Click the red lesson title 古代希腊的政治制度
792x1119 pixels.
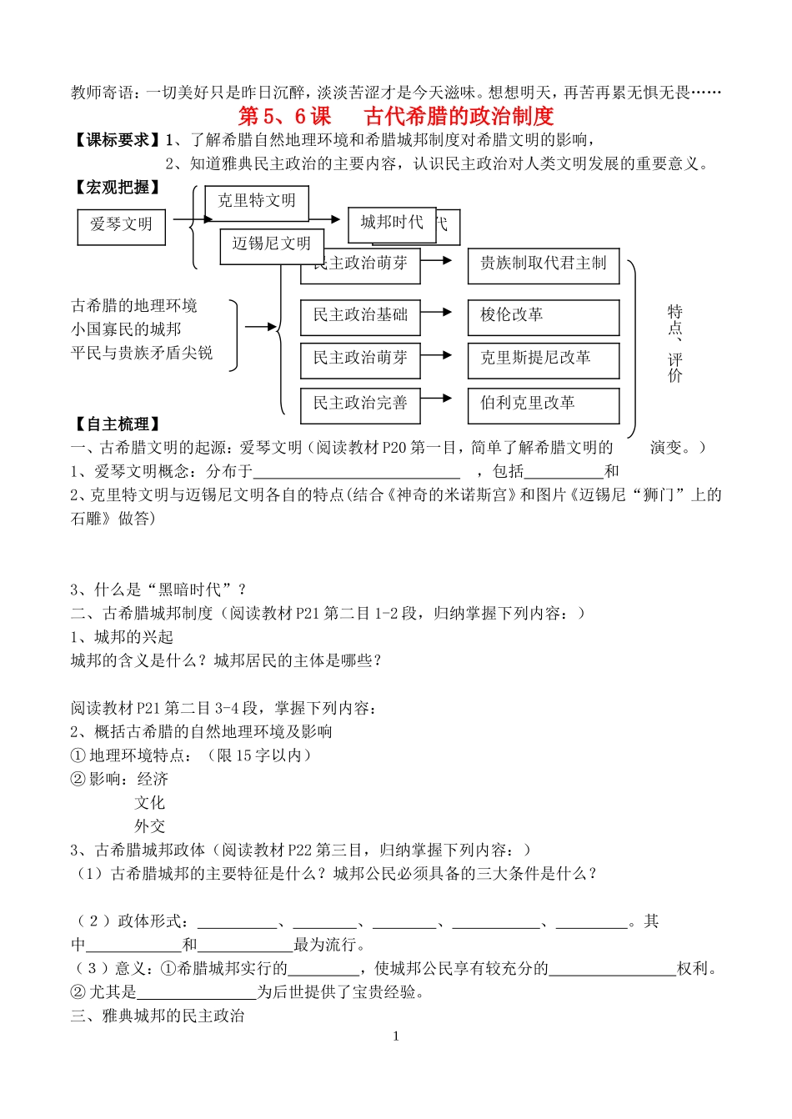[x=459, y=116]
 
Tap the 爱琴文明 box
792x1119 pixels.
[x=121, y=225]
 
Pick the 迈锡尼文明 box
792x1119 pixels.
[x=271, y=243]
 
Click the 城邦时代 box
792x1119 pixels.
[x=392, y=223]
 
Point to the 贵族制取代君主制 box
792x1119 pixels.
[x=543, y=264]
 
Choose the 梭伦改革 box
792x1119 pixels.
[x=543, y=316]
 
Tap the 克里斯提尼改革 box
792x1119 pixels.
[x=543, y=359]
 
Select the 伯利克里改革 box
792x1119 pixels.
[x=543, y=404]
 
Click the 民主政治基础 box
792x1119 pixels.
[x=360, y=316]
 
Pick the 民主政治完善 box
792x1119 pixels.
[x=360, y=404]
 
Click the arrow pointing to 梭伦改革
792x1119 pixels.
[x=444, y=313]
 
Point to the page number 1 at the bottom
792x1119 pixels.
[x=396, y=1036]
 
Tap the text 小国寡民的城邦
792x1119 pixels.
[x=126, y=329]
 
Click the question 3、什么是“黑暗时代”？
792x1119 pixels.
[x=158, y=590]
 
